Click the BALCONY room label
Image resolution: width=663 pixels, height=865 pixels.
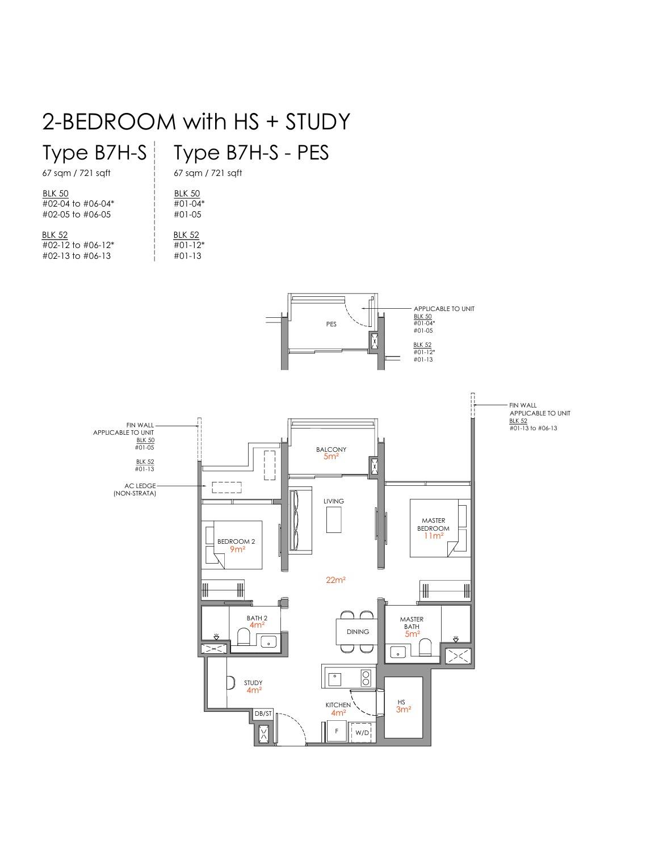coord(331,450)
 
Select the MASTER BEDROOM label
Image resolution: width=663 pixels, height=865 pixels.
coord(433,524)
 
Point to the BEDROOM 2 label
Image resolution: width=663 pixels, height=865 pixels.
coord(236,542)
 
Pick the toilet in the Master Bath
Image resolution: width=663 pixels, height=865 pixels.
coord(425,647)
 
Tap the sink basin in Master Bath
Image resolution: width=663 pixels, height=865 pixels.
coord(397,652)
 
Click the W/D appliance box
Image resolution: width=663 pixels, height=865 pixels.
coord(362,732)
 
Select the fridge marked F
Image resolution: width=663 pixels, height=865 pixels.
coord(337,732)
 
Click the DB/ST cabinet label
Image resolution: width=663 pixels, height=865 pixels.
coord(263,713)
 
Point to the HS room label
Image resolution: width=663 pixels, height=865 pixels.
coord(401,702)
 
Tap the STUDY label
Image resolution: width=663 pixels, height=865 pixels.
coord(253,683)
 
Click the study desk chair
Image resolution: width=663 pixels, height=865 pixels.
coord(230,683)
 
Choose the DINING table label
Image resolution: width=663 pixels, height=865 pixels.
coord(358,632)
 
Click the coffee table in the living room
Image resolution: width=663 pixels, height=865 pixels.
coord(334,520)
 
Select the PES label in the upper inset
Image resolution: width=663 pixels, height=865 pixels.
coord(331,325)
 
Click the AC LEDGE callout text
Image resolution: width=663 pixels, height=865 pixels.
coord(140,486)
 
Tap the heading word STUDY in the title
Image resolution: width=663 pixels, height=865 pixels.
coord(317,122)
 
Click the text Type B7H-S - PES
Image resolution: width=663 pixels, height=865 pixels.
coord(251,153)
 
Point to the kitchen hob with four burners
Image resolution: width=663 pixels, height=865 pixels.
coord(366,677)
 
